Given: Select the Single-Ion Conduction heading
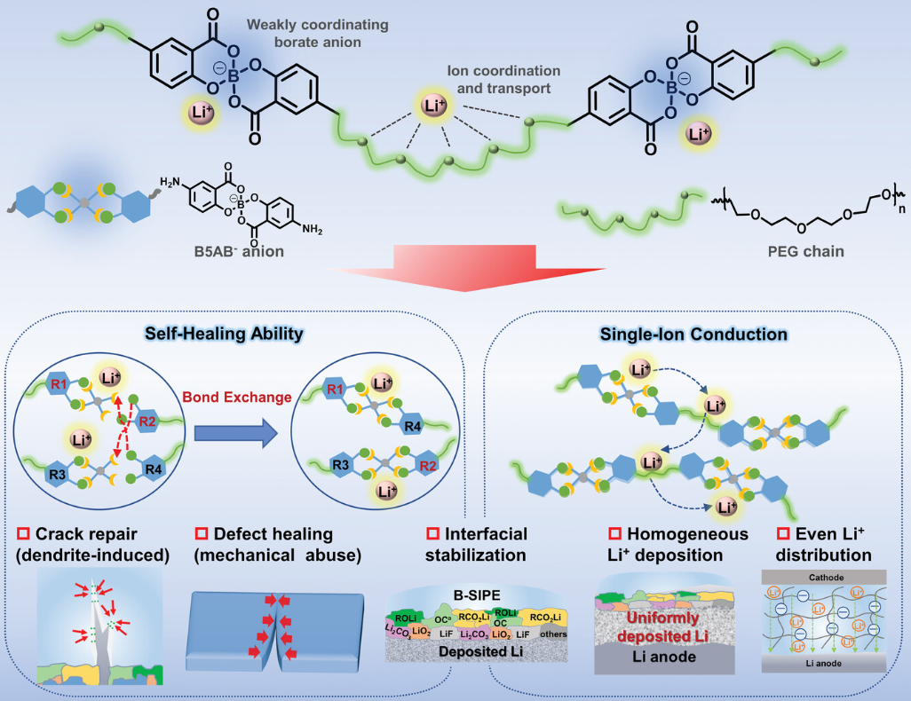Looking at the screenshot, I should point(693,335).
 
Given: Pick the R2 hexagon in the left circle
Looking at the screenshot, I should point(147,421).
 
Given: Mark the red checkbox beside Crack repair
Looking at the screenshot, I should point(24,534).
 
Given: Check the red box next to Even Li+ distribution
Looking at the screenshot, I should point(784,534).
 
